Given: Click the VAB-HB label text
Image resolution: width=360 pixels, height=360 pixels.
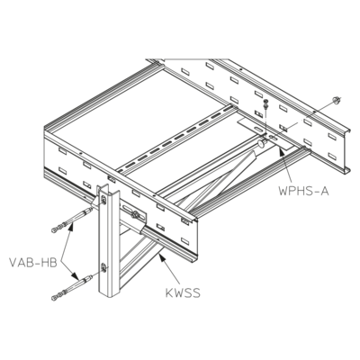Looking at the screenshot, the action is point(33,263).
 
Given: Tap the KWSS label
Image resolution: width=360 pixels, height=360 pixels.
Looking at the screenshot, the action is point(183,292).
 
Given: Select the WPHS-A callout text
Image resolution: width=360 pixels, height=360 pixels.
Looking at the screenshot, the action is point(303,191).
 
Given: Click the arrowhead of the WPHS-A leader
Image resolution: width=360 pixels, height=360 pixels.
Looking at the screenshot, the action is point(282,150).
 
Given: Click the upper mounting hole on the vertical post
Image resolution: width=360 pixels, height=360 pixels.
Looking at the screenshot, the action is point(103,200).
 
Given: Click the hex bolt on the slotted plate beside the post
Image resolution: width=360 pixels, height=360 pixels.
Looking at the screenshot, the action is point(135,214).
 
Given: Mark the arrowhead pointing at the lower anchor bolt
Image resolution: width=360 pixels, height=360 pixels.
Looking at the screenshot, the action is point(74,274).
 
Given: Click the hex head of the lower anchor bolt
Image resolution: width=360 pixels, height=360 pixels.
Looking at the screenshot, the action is point(54,298).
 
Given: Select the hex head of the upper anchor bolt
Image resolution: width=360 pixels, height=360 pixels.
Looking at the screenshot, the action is point(54,230).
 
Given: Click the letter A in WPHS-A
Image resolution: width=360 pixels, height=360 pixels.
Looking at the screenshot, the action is point(324,191).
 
